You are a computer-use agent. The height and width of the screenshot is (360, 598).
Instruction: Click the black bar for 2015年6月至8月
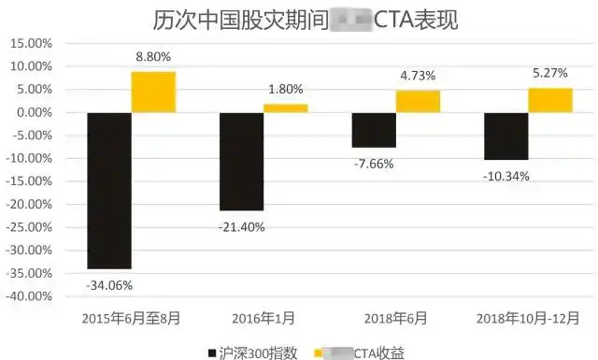[108, 191]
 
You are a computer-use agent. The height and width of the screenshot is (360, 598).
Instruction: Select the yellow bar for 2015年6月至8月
[153, 92]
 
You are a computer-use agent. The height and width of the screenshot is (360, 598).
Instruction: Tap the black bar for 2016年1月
[241, 161]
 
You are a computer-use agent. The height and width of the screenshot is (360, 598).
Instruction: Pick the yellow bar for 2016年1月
[285, 108]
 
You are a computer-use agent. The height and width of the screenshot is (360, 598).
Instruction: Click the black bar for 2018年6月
[373, 130]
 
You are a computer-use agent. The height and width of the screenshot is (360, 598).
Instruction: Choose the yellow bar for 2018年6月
[418, 101]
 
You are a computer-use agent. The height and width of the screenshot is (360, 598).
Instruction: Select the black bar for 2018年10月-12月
[505, 136]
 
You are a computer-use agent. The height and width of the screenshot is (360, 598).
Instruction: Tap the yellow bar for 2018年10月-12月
[549, 100]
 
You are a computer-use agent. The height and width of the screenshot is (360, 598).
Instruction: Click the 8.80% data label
[153, 56]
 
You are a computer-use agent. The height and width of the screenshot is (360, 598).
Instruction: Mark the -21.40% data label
[241, 226]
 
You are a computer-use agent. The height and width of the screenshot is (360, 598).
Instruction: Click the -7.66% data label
[374, 163]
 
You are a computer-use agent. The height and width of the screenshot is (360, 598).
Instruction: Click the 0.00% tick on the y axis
[33, 113]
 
